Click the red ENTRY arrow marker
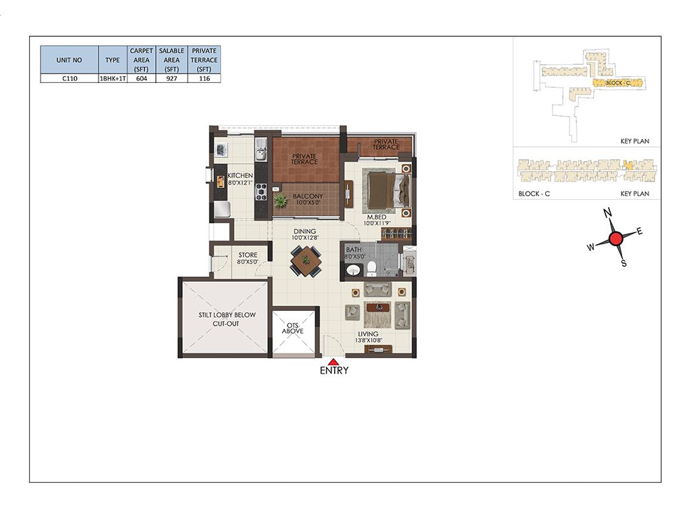[x=334, y=361]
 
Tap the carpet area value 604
[x=142, y=78]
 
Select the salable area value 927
[x=171, y=78]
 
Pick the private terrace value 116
[x=204, y=78]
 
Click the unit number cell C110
[x=70, y=78]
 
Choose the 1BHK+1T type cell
[x=113, y=78]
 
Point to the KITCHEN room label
[x=240, y=175]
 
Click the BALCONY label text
[x=308, y=196]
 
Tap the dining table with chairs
[x=306, y=261]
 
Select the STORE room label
[x=248, y=255]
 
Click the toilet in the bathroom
[x=372, y=268]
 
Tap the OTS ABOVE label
[x=293, y=328]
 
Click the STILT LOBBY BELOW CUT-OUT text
[x=227, y=319]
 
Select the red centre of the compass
[x=615, y=239]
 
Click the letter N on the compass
[x=608, y=213]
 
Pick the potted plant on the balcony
[x=280, y=201]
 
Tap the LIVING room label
[x=368, y=334]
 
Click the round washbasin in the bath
[x=353, y=270]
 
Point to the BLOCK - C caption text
[x=534, y=194]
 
